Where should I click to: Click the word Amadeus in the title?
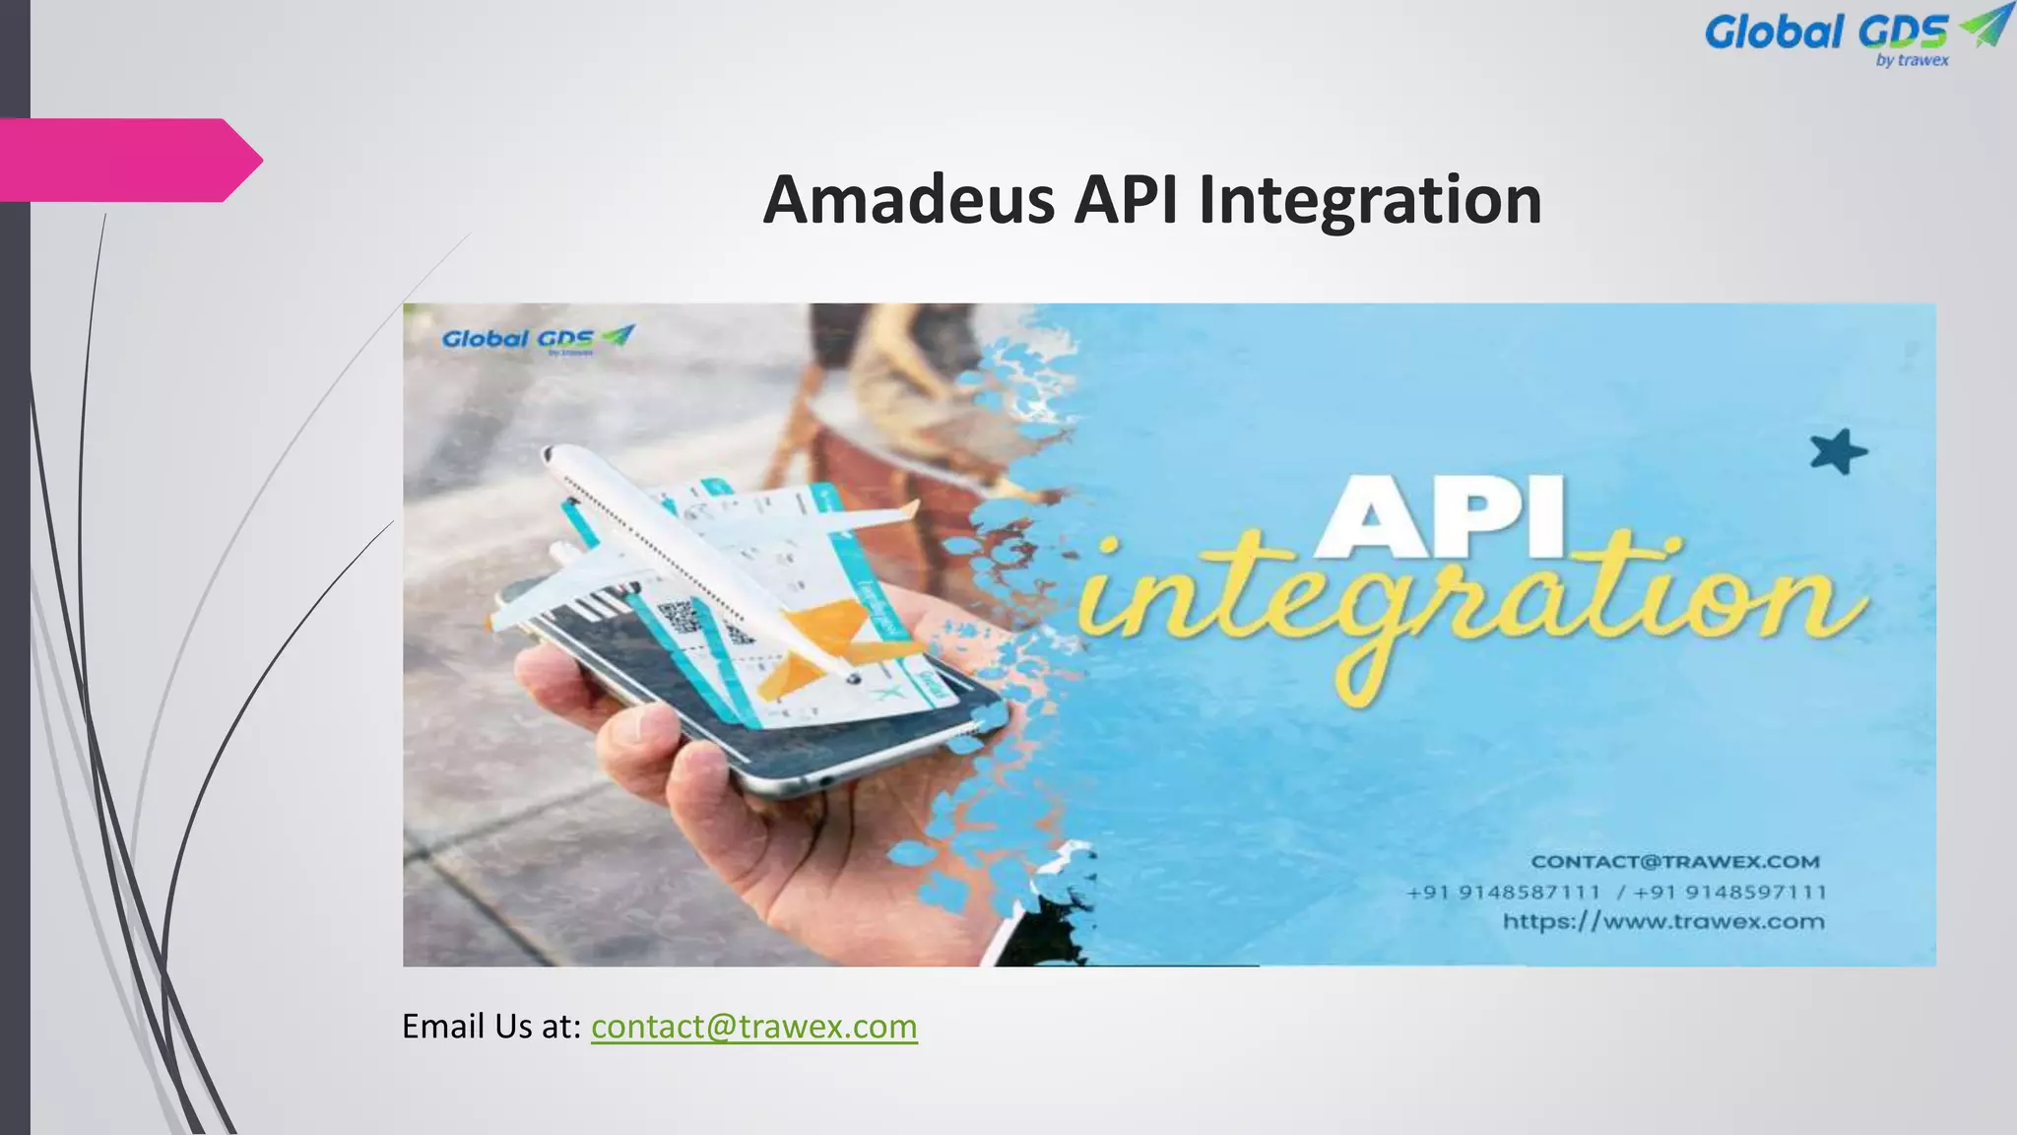point(909,200)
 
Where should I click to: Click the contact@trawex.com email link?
point(753,1027)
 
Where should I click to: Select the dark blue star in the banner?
point(1838,452)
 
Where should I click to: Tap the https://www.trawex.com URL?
point(1663,922)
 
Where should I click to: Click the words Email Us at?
point(490,1027)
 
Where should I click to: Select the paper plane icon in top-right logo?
point(1984,25)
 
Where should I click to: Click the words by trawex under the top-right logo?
point(1912,60)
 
